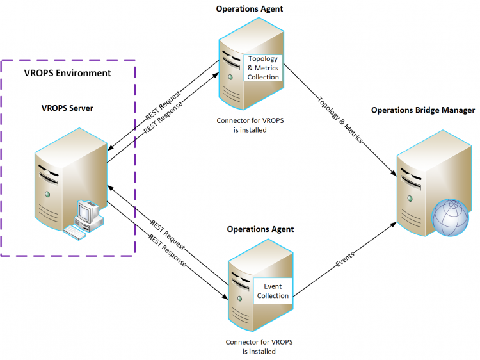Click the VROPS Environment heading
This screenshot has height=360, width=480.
click(x=67, y=73)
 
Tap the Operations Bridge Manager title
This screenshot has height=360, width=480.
click(x=423, y=110)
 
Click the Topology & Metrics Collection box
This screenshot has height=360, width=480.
click(x=264, y=68)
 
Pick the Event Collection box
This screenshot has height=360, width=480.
click(x=273, y=291)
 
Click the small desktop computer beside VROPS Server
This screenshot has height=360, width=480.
click(x=86, y=218)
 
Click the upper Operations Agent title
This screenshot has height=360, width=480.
click(x=250, y=9)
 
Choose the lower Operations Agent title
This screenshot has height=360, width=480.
click(x=260, y=229)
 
